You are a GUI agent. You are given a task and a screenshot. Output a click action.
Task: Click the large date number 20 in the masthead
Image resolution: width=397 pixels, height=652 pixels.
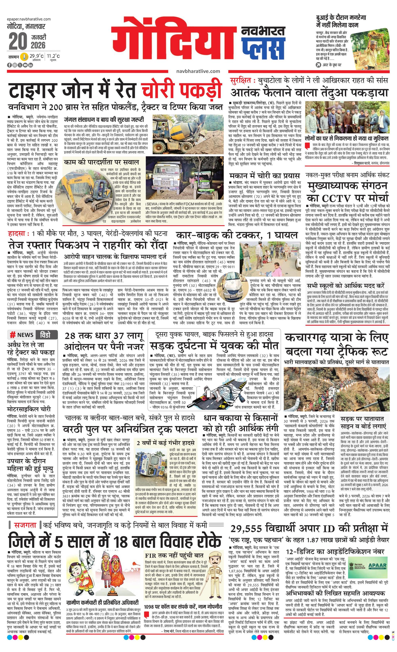[18, 41]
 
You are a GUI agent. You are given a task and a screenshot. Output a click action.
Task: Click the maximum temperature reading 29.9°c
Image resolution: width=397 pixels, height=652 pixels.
[36, 56]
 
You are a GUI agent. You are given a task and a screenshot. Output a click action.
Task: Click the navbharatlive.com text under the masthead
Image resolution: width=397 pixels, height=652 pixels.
[198, 71]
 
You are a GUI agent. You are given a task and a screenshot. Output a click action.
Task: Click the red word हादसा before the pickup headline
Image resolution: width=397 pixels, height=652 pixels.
[16, 234]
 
